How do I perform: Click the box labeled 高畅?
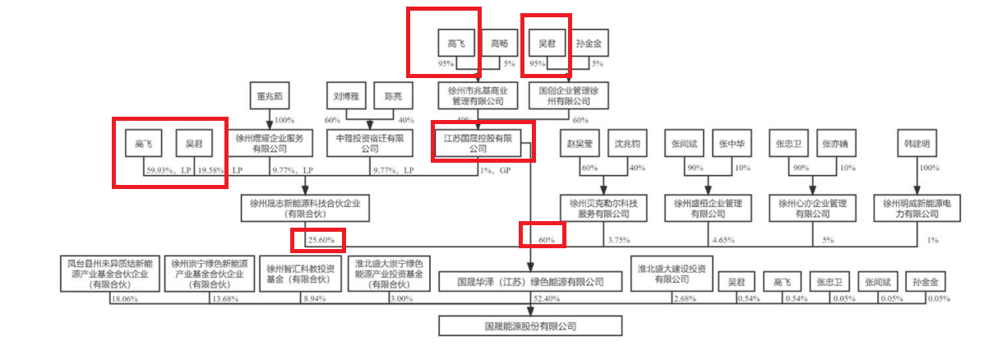499,44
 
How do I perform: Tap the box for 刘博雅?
346,96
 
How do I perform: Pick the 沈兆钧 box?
627,145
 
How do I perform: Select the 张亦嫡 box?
838,145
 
